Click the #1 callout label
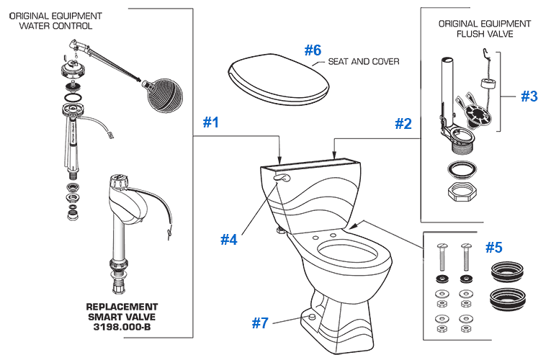click(210, 123)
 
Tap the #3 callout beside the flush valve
click(529, 96)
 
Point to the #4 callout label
click(228, 239)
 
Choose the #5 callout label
click(493, 247)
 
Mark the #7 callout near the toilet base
click(260, 323)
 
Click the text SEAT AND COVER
click(363, 62)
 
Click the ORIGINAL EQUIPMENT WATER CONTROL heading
click(55, 21)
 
